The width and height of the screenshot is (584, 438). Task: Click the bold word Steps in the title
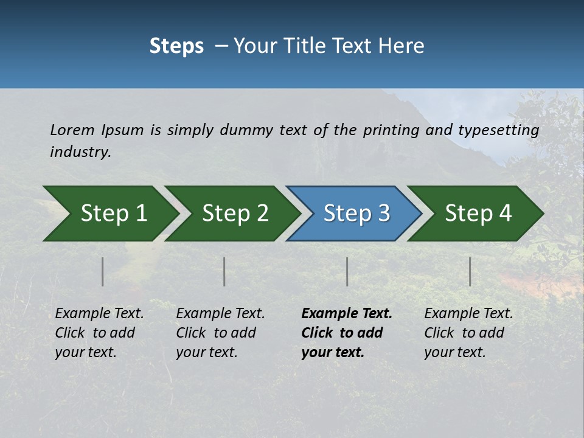(x=176, y=46)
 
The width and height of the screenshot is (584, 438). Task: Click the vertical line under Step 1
(x=103, y=271)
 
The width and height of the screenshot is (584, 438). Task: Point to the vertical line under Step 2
(x=224, y=271)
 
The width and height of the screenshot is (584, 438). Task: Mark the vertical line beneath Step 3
(x=347, y=271)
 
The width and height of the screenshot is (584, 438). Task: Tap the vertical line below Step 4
(x=470, y=271)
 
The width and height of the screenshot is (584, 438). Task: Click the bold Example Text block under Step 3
(x=346, y=333)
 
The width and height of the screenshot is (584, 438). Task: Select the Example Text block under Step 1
(x=99, y=333)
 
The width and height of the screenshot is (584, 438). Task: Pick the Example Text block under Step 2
(x=220, y=333)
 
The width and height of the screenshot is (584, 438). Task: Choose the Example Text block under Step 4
(x=468, y=333)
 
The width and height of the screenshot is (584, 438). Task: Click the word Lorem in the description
(x=72, y=130)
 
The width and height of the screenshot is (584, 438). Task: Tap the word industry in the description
(x=80, y=152)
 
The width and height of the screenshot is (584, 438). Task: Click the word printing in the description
(x=391, y=130)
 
